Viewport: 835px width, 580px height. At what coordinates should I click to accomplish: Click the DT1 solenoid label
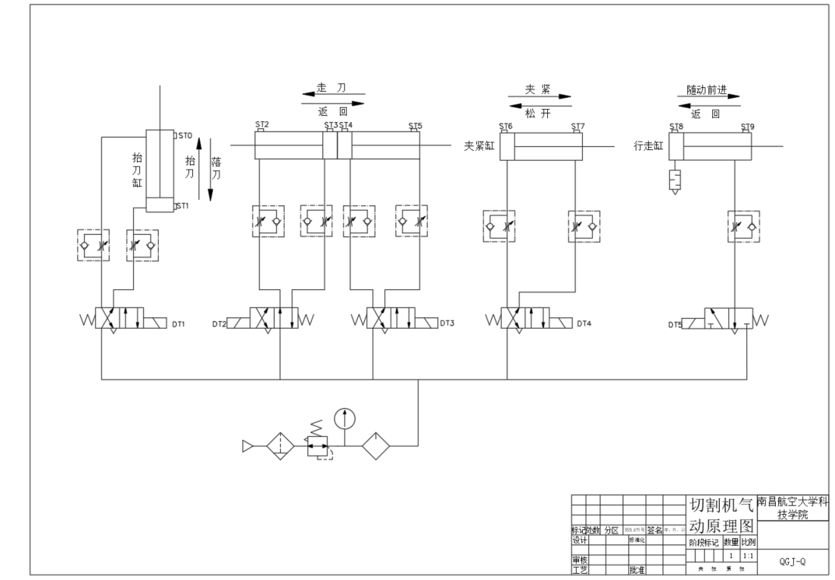coord(178,323)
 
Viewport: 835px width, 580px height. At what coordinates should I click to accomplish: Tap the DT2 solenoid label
coord(219,323)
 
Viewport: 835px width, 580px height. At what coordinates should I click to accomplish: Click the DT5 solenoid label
coord(675,323)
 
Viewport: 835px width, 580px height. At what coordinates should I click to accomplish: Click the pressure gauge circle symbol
coord(344,418)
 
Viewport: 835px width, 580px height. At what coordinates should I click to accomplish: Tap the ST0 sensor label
coord(184,136)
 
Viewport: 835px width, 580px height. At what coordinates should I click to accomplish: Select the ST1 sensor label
coord(182,206)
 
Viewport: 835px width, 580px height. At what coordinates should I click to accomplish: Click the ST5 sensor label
coord(416,125)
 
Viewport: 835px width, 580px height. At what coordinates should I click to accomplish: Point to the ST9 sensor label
coord(747,126)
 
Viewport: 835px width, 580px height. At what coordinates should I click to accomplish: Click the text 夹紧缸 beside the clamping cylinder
coord(479,145)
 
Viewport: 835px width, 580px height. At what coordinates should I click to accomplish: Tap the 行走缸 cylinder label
coord(649,145)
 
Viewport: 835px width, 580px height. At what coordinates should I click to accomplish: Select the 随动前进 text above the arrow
coord(707,90)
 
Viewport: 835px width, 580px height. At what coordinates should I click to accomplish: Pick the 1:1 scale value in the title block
coord(748,557)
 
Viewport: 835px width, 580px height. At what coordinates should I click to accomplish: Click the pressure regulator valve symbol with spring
coord(318,444)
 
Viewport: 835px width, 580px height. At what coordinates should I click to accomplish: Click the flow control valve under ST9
coord(744,225)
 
